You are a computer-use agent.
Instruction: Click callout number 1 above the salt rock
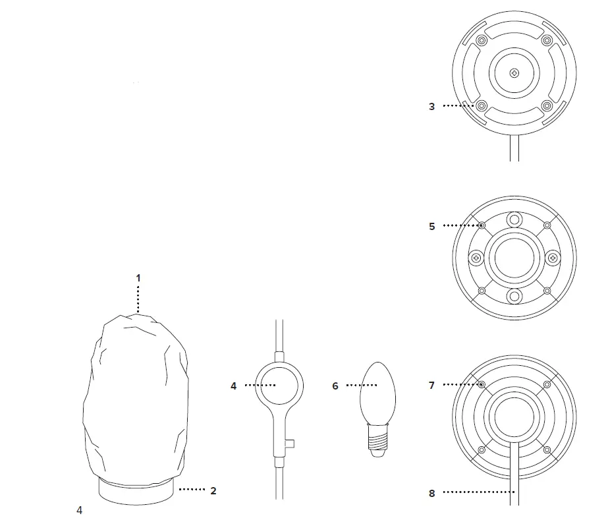[x=138, y=278]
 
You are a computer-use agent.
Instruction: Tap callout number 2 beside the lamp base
[x=213, y=490]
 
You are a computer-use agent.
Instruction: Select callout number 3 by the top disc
[x=431, y=106]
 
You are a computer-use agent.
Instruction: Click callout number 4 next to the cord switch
[x=233, y=386]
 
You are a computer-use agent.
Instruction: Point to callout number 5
[x=431, y=226]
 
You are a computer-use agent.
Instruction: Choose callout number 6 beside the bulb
[x=335, y=386]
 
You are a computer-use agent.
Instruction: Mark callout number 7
[x=431, y=386]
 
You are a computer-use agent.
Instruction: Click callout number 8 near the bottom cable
[x=431, y=493]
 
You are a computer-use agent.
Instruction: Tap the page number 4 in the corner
[x=79, y=510]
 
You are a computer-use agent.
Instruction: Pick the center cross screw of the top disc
[x=514, y=73]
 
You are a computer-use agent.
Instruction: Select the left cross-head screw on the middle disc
[x=474, y=257]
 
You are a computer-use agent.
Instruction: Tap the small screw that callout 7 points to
[x=482, y=384]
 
